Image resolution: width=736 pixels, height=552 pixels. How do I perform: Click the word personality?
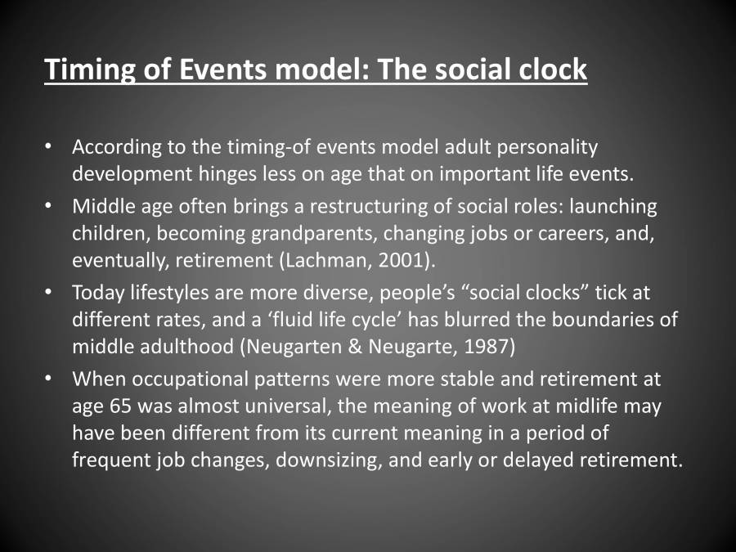(x=547, y=148)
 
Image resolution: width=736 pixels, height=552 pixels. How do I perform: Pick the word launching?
(x=613, y=208)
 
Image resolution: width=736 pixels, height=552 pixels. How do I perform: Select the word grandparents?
(x=314, y=235)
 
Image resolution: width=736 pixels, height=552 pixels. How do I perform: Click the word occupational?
(x=190, y=380)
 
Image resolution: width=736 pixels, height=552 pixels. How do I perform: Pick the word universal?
(x=287, y=406)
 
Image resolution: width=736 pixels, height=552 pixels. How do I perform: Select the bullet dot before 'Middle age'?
(x=48, y=207)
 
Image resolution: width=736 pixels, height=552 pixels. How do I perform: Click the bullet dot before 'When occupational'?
(x=48, y=379)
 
